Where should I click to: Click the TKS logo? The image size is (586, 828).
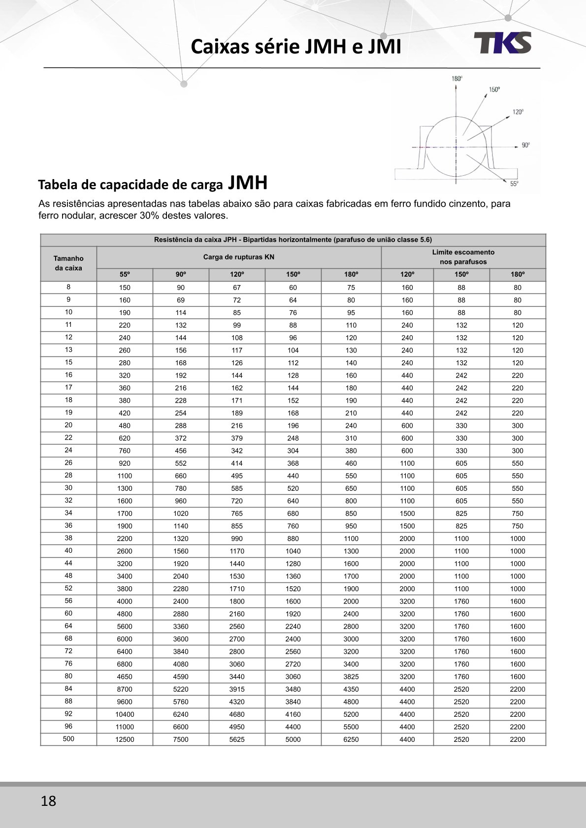502,43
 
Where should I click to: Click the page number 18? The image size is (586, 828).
48,801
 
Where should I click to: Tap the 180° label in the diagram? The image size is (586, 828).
456,79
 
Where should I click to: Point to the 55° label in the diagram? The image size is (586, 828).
514,184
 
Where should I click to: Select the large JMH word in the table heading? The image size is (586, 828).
248,183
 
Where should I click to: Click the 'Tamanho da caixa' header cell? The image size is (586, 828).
68,263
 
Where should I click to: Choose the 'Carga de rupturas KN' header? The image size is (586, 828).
238,257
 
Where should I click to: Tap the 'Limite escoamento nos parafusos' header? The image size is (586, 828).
463,257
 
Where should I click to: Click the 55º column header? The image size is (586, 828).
125,275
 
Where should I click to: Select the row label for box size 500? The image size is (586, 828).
68,739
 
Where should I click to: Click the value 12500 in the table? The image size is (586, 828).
125,739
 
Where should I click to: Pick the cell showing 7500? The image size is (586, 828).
181,739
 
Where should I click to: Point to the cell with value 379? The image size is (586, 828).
237,438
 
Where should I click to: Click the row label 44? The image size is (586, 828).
68,563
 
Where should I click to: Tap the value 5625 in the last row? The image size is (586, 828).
237,739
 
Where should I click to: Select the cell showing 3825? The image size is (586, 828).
351,677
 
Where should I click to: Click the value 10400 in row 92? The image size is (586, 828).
125,714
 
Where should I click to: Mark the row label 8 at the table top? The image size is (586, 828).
68,287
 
